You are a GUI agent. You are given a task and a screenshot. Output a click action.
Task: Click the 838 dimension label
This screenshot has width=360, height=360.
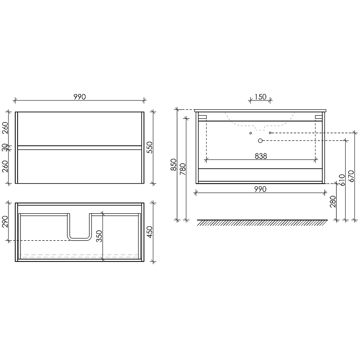(261, 156)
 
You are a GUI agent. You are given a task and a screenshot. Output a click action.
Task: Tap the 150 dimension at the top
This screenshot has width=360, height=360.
(261, 97)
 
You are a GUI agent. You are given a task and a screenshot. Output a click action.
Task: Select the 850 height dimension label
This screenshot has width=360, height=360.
(174, 165)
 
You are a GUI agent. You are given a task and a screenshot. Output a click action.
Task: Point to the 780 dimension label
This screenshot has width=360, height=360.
(183, 169)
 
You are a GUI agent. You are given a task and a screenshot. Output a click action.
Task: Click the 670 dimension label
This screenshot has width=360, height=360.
(351, 176)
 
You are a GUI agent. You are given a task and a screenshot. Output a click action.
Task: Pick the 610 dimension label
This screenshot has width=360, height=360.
(342, 180)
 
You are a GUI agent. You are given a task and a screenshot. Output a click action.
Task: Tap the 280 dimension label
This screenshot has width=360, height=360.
(333, 202)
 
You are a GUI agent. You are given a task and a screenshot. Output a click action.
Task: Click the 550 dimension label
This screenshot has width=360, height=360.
(149, 148)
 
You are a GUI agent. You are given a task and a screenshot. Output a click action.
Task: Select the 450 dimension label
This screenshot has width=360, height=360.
(149, 232)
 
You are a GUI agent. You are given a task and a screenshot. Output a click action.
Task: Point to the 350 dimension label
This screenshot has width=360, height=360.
(99, 236)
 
